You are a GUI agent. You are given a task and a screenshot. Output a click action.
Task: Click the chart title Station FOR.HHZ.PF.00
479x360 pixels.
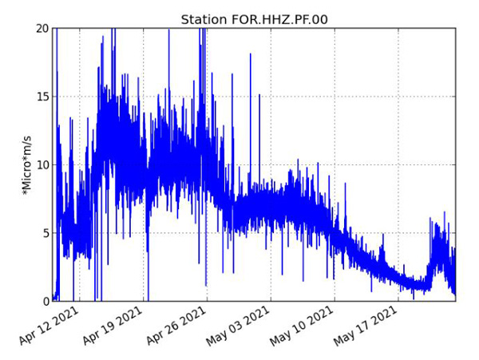pos(254,19)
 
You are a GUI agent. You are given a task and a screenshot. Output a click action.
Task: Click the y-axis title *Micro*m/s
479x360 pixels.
pos(27,164)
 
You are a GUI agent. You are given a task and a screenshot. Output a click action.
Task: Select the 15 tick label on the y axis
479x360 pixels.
pos(42,97)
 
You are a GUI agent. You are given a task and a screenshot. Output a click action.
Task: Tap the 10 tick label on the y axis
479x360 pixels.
pos(42,165)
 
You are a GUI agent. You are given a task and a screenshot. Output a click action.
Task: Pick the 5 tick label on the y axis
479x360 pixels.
pos(46,233)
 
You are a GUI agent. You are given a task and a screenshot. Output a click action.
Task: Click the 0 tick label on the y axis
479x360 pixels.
pos(46,302)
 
